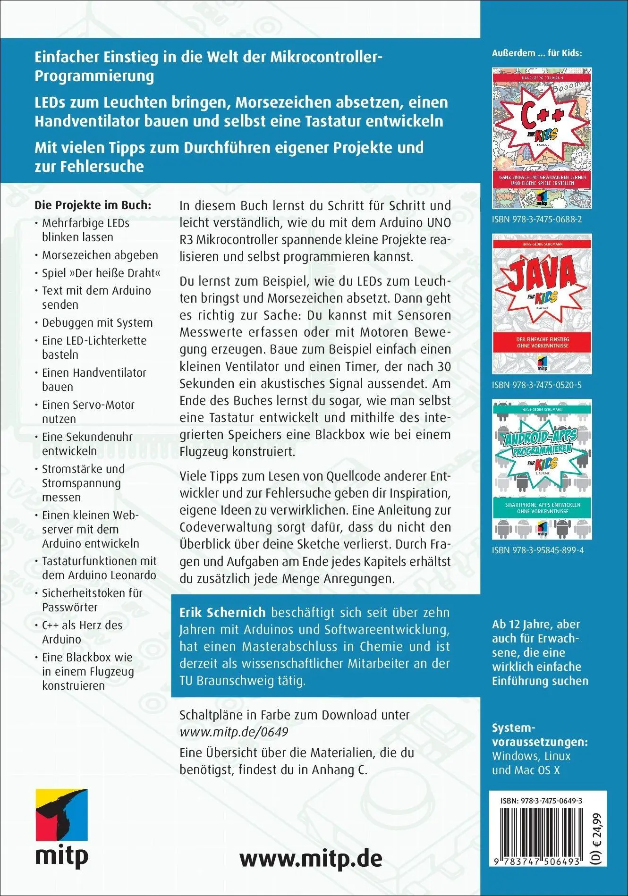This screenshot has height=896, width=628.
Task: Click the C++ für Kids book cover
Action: click(542, 138)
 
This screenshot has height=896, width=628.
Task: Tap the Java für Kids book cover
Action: click(542, 304)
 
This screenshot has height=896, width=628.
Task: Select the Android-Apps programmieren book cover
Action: click(542, 469)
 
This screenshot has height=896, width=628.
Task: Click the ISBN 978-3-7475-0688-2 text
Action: click(537, 220)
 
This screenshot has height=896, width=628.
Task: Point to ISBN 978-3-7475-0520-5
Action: click(537, 385)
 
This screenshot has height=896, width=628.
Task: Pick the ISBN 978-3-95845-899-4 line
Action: click(538, 550)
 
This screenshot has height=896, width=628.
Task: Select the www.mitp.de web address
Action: click(311, 858)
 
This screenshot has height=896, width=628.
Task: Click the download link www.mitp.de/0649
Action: click(234, 732)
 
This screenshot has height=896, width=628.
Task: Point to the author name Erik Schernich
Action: click(222, 613)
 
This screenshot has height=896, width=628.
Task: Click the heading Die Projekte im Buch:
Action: click(93, 205)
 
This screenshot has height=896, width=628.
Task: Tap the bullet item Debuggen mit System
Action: click(97, 323)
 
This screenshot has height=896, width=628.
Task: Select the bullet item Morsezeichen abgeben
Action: click(100, 255)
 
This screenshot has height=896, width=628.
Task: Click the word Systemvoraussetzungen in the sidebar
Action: click(540, 735)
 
